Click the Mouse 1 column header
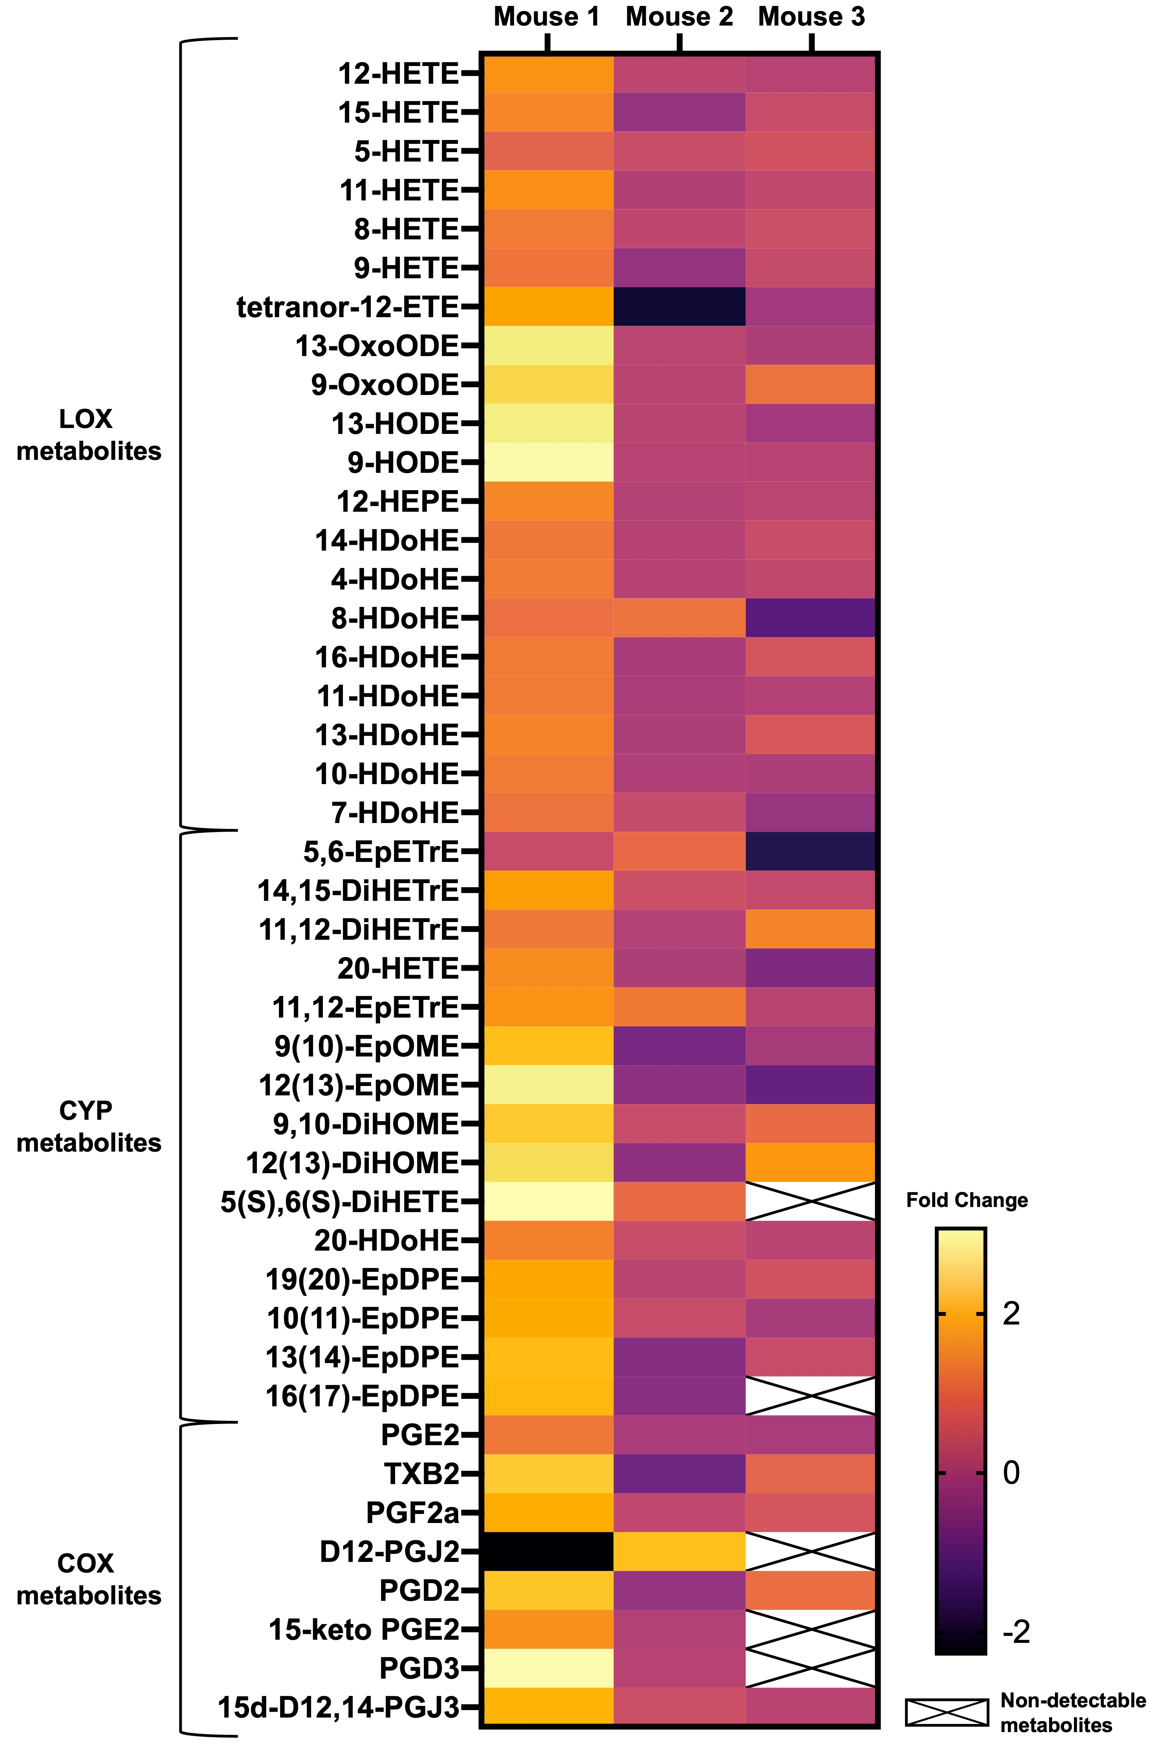point(547,17)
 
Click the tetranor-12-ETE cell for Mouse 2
point(679,307)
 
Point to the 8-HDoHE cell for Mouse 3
point(811,618)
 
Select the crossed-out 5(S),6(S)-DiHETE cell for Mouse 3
point(811,1201)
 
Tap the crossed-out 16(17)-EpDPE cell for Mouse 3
point(811,1395)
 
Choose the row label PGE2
point(420,1435)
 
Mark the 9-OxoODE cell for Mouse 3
point(811,384)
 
